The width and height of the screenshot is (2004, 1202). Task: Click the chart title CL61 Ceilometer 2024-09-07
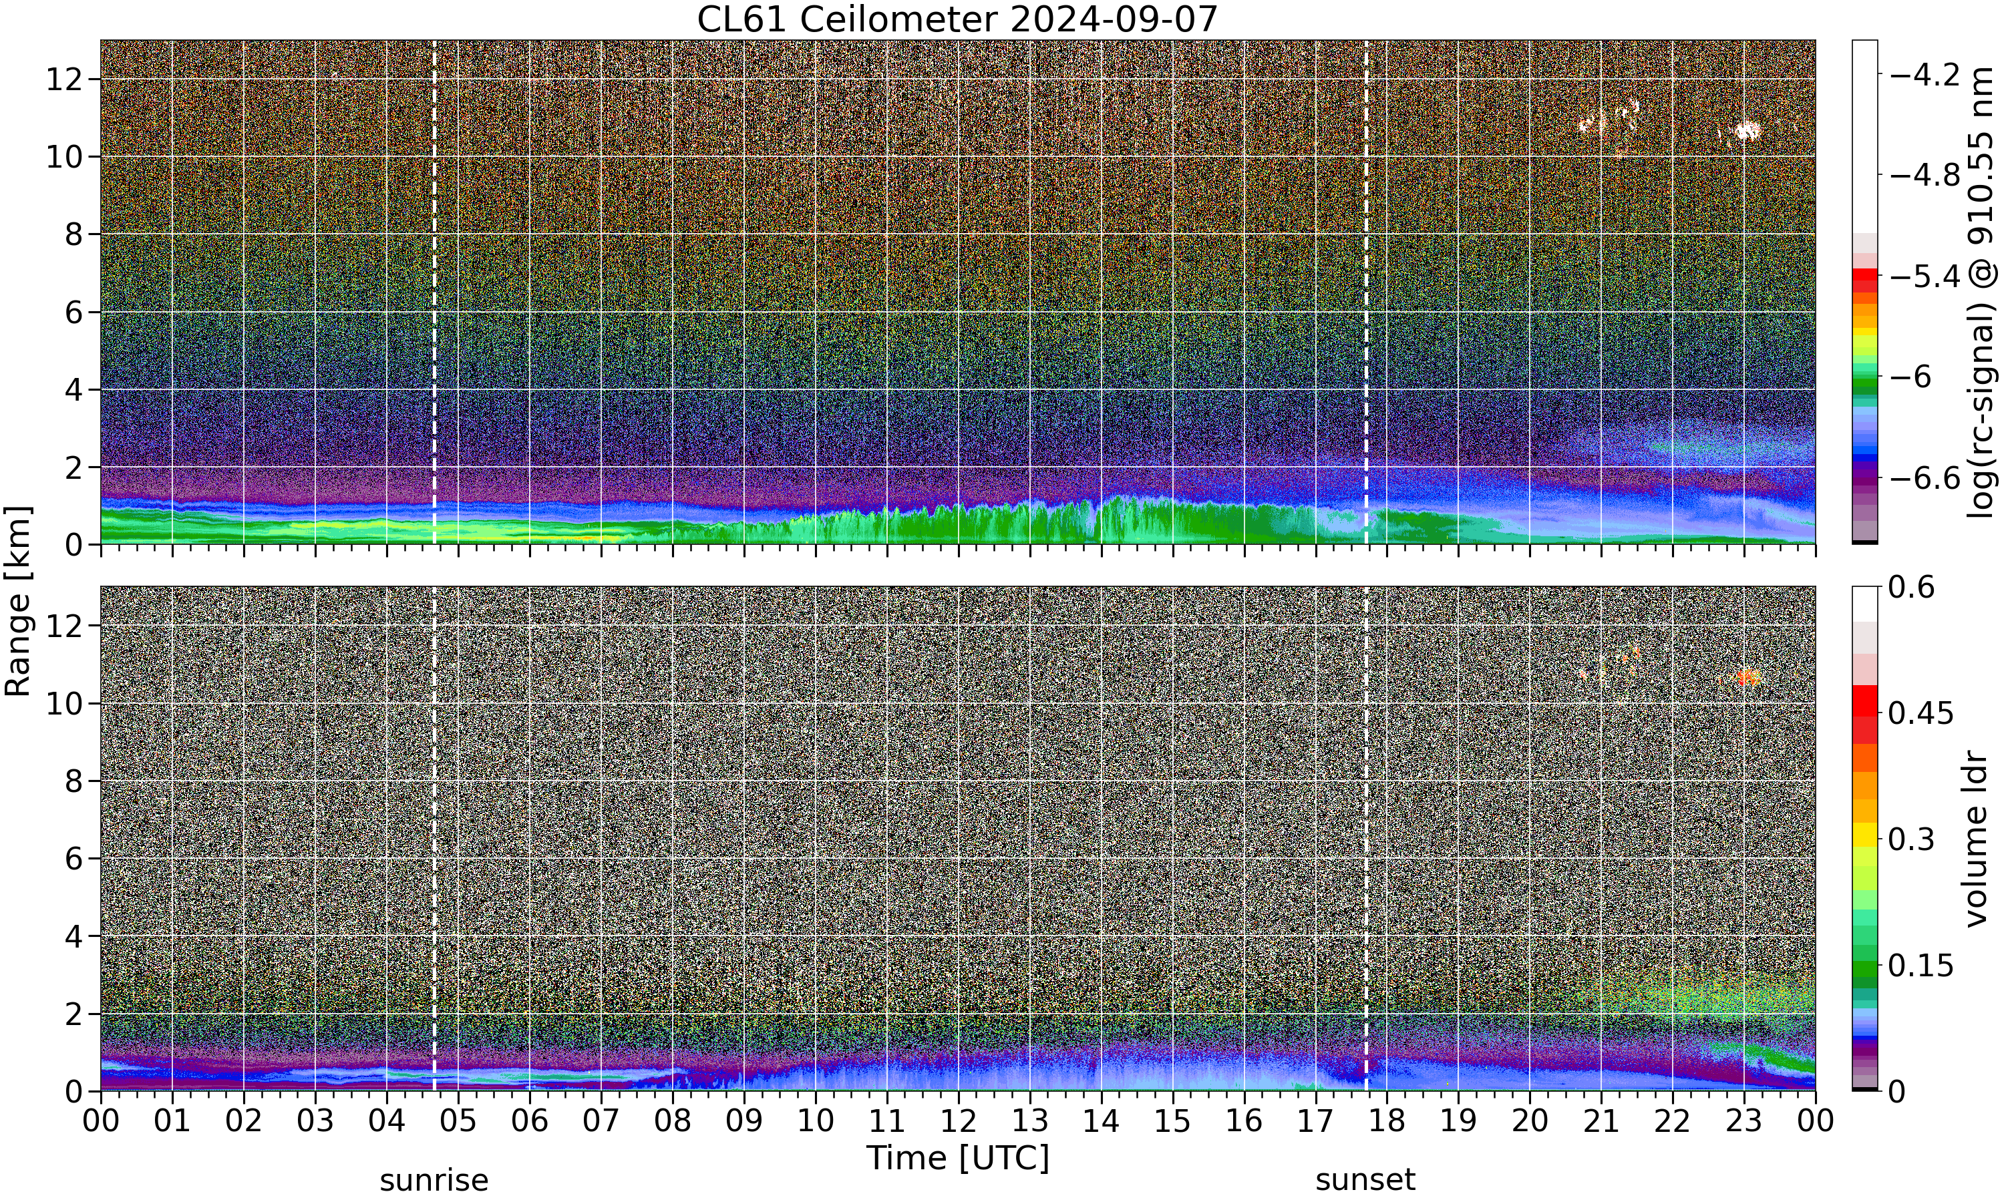pyautogui.click(x=957, y=19)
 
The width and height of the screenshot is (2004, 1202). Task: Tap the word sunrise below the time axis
pyautogui.click(x=434, y=1180)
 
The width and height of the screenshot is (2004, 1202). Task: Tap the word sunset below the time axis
pyautogui.click(x=1365, y=1180)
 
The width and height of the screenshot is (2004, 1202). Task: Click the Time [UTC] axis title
pyautogui.click(x=957, y=1157)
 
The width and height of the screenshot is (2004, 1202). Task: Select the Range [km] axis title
pyautogui.click(x=18, y=602)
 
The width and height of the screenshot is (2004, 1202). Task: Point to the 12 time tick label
pyautogui.click(x=959, y=1121)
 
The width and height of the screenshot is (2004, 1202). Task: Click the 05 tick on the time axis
pyautogui.click(x=458, y=1121)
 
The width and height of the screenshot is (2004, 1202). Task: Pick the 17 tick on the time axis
pyautogui.click(x=1315, y=1121)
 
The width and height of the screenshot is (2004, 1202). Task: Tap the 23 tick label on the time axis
pyautogui.click(x=1744, y=1121)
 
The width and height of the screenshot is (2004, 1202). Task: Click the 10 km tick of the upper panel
pyautogui.click(x=64, y=157)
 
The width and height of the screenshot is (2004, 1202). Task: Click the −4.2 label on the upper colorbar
pyautogui.click(x=1925, y=75)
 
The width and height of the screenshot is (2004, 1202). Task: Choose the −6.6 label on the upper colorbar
pyautogui.click(x=1925, y=478)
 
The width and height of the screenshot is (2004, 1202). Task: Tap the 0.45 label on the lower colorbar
pyautogui.click(x=1921, y=713)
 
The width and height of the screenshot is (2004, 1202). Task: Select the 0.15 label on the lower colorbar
pyautogui.click(x=1921, y=966)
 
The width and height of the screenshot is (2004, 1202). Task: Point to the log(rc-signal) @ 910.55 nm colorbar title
pyautogui.click(x=1981, y=293)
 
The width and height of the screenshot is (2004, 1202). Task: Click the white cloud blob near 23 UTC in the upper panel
pyautogui.click(x=1746, y=130)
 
